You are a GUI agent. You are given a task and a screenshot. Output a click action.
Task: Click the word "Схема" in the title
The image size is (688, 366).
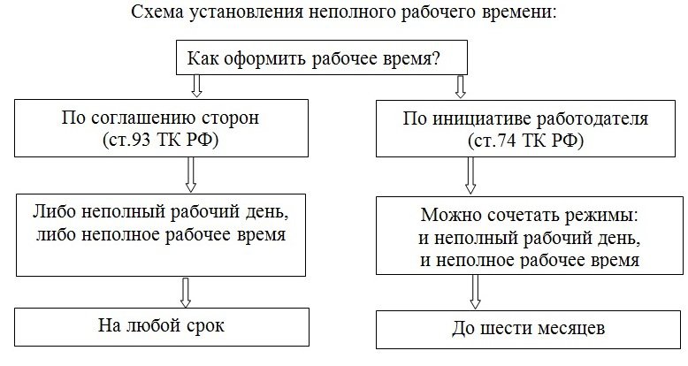(x=156, y=13)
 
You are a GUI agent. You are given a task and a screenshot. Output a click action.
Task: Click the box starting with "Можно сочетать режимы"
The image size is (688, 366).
(x=528, y=238)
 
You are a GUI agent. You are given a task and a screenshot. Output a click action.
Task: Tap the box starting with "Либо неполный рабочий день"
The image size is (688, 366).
(x=162, y=225)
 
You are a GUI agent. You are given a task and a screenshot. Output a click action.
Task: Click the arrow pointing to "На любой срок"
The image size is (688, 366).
(x=187, y=291)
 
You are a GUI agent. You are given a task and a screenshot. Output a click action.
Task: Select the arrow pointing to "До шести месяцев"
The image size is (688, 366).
(x=475, y=289)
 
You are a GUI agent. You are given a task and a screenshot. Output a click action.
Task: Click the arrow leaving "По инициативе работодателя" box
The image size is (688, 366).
(x=470, y=179)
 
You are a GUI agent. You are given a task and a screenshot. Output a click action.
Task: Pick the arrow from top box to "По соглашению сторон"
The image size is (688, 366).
(x=197, y=86)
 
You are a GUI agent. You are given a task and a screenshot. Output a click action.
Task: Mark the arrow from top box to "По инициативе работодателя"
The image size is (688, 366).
(x=460, y=86)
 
